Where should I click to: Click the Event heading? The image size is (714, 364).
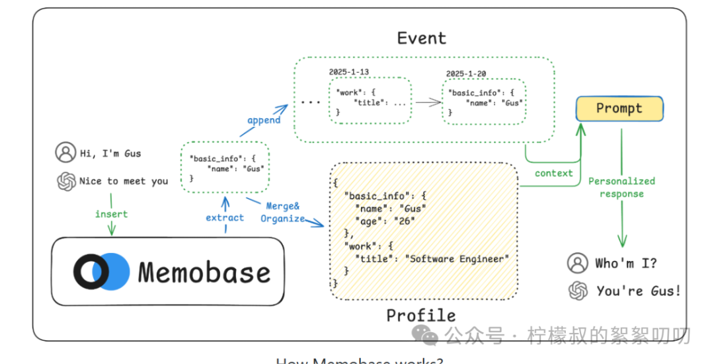click(421, 38)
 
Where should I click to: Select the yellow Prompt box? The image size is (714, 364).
click(619, 108)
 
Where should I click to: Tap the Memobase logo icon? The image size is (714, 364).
click(101, 272)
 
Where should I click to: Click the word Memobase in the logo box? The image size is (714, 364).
click(204, 273)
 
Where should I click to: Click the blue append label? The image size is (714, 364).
click(263, 120)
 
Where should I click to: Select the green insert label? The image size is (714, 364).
click(111, 214)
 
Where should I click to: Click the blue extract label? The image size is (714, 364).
click(225, 217)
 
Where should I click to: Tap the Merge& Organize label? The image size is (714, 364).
click(283, 212)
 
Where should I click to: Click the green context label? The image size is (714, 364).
click(553, 173)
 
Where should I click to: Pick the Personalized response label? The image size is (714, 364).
click(621, 187)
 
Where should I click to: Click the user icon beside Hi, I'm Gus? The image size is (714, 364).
click(65, 153)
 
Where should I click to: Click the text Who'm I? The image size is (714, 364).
click(626, 264)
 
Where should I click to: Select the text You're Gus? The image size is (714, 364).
click(638, 291)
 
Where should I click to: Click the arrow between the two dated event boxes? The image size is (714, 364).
click(426, 102)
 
